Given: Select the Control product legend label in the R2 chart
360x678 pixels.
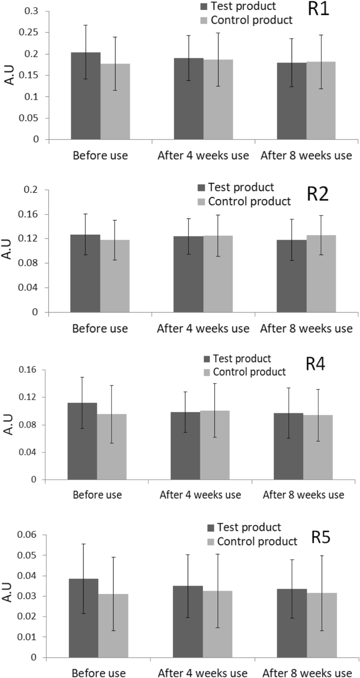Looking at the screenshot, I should point(249,201).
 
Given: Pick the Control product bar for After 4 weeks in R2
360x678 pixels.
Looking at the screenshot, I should point(218,274).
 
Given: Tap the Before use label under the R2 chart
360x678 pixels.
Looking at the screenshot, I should point(100,329).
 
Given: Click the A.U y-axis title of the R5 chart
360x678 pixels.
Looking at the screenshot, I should point(7,597).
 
